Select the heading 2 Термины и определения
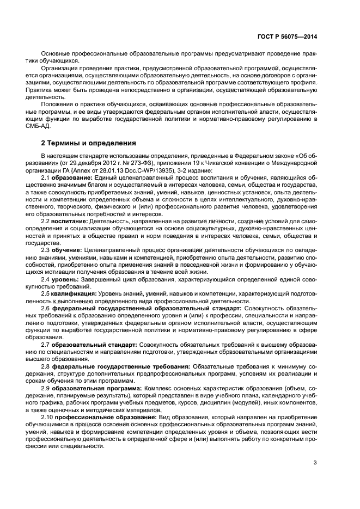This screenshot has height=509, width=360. point(89,144)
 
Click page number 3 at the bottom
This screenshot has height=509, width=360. point(315,463)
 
